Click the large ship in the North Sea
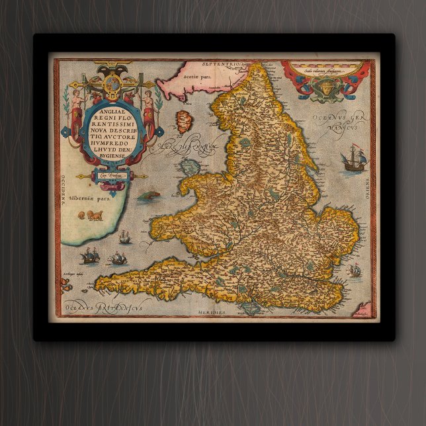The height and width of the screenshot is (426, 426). tap(353, 159)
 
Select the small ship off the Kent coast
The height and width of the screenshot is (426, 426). tap(355, 269)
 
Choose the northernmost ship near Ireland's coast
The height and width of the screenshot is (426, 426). tap(124, 235)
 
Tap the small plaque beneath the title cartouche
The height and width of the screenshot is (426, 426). tap(106, 176)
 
